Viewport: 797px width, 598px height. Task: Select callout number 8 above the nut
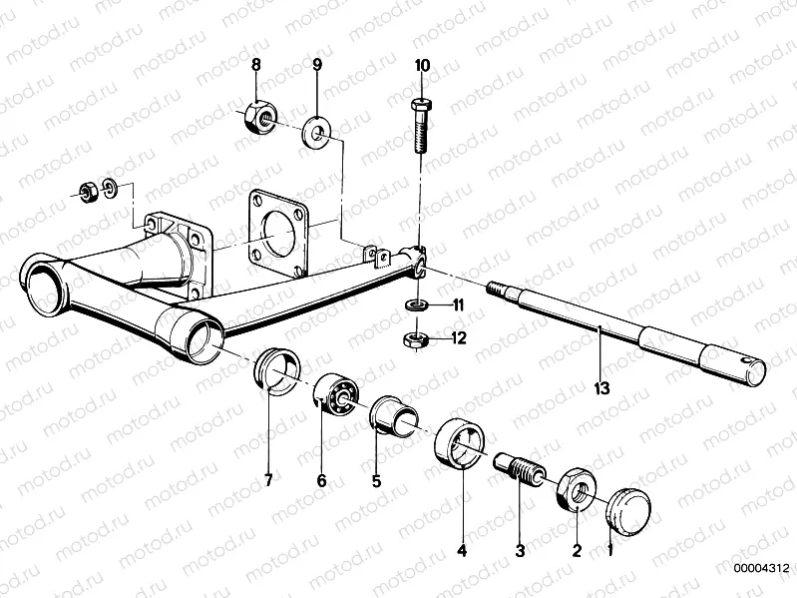tap(256, 65)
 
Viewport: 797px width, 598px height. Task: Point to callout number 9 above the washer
tap(316, 65)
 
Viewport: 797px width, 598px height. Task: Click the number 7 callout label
tap(268, 480)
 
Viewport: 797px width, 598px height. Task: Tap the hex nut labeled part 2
tap(577, 486)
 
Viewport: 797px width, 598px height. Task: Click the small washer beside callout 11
tap(416, 302)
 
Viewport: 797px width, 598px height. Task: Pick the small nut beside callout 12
tap(416, 339)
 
